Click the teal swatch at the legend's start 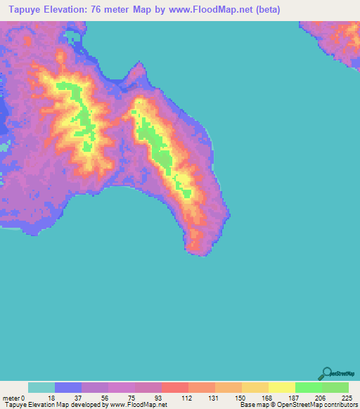pyautogui.click(x=41, y=387)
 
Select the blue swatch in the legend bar pyautogui.click(x=68, y=387)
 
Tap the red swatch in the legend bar pyautogui.click(x=175, y=387)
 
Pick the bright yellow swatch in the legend pyautogui.click(x=282, y=387)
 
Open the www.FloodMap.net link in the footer pyautogui.click(x=137, y=405)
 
